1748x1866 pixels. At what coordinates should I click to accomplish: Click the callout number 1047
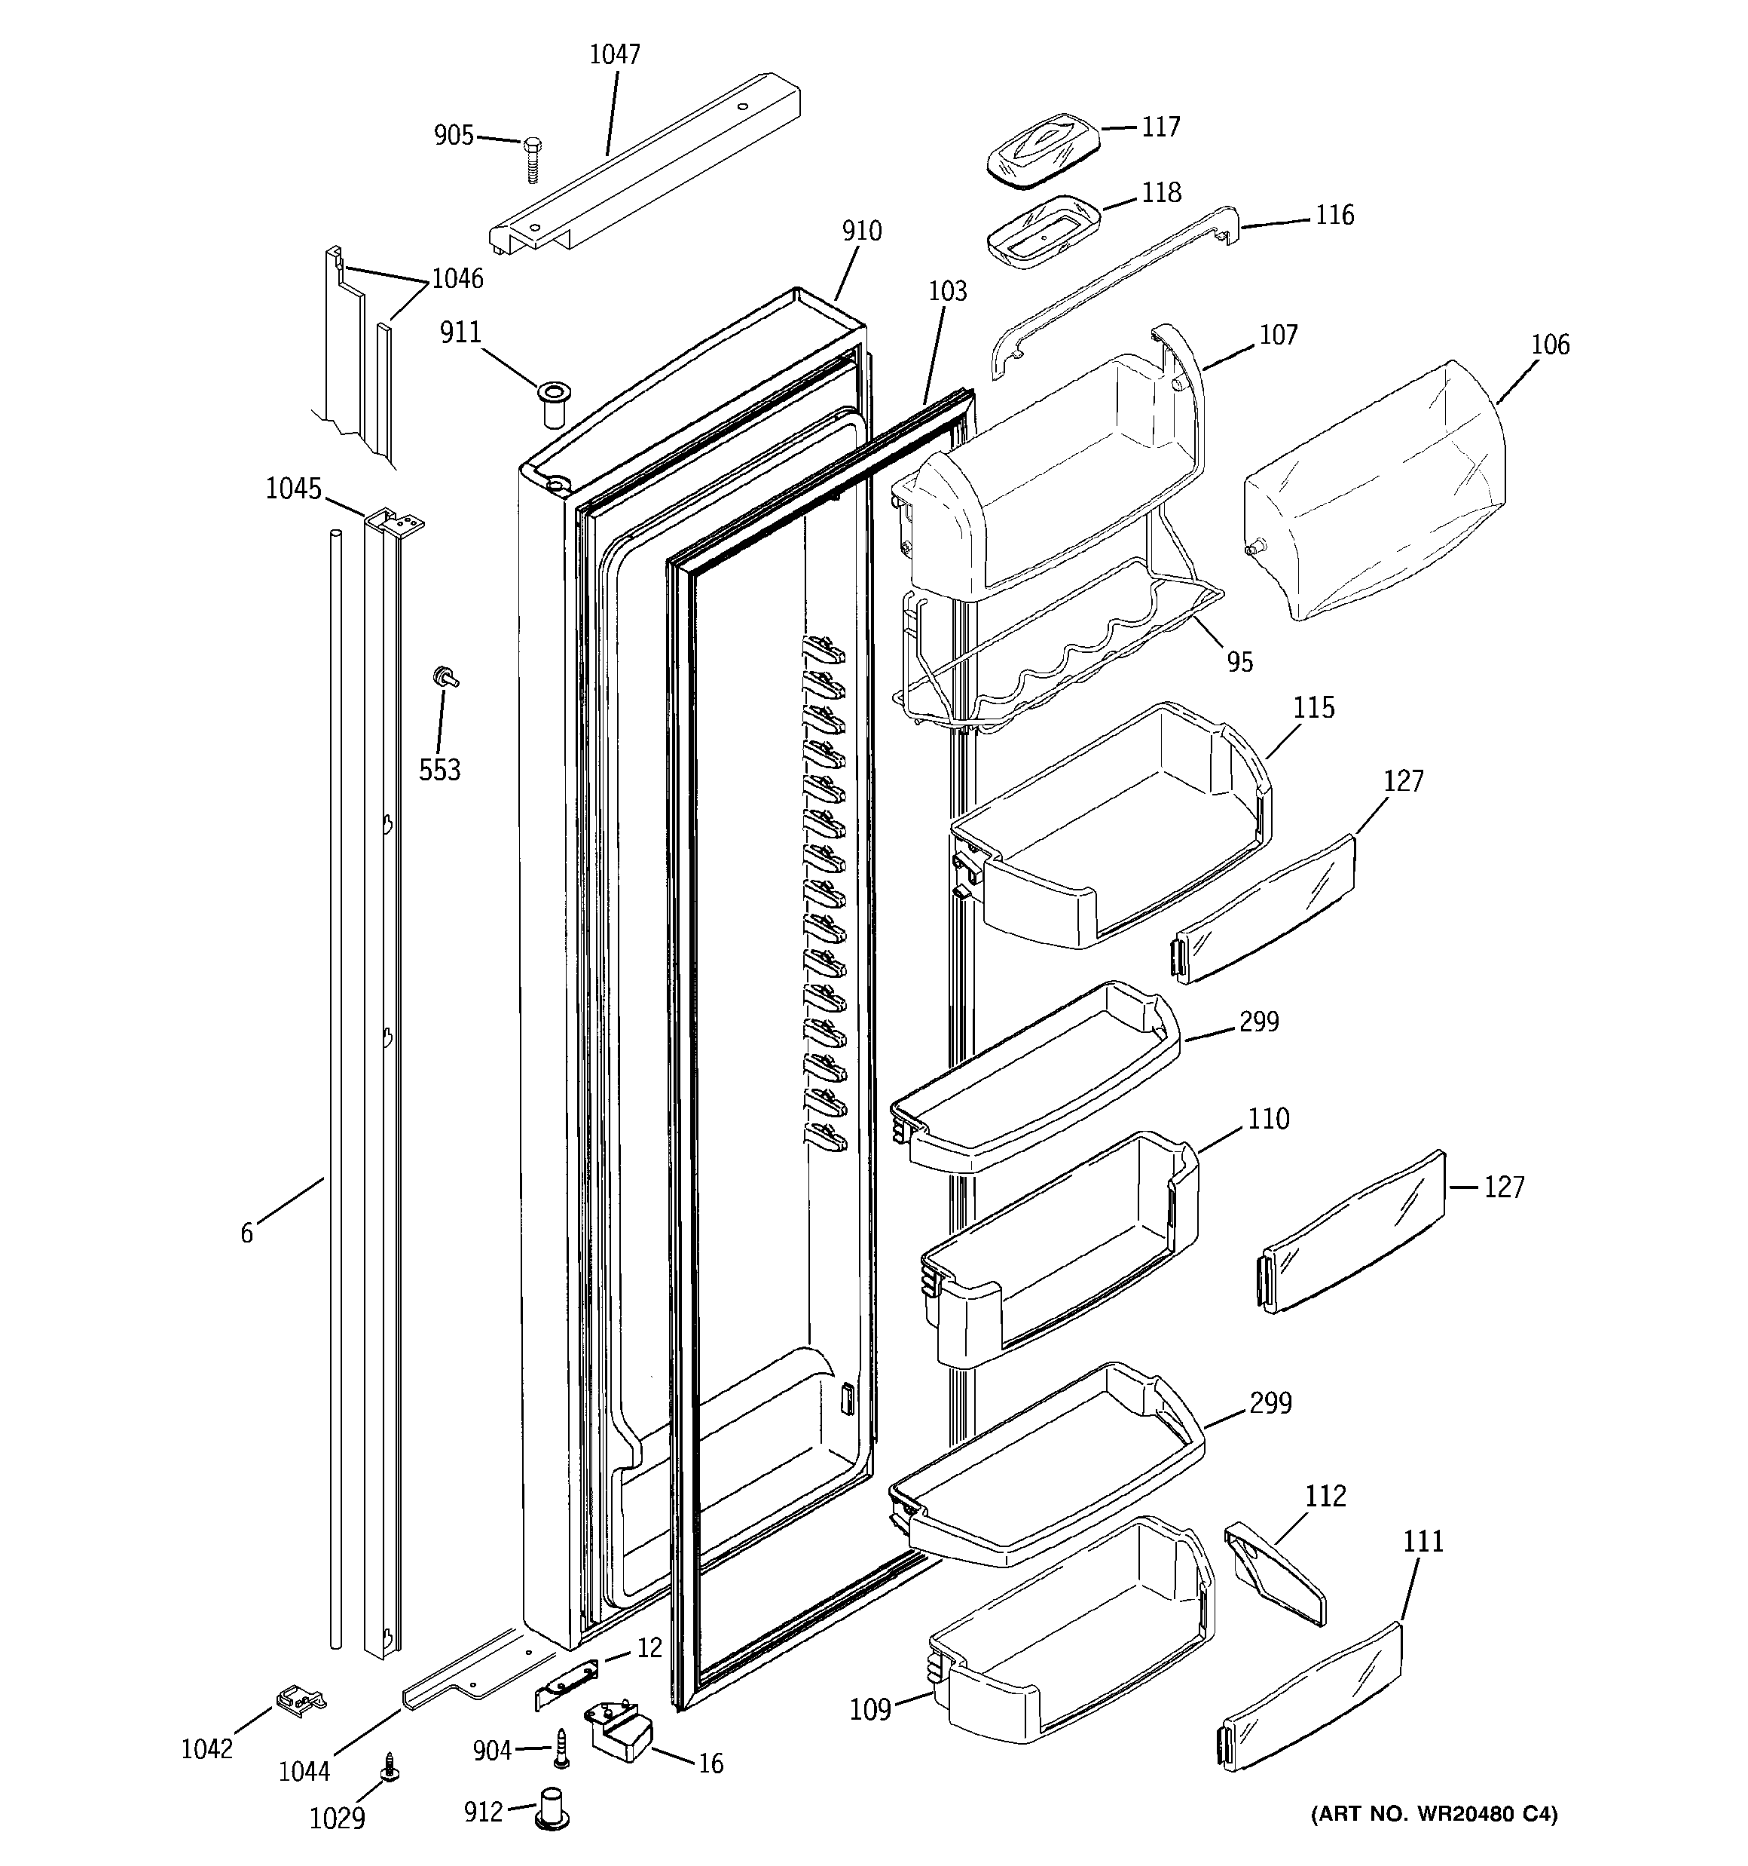(x=615, y=54)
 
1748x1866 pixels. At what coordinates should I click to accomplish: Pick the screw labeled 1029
(x=387, y=1766)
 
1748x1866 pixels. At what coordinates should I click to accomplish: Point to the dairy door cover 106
(x=1374, y=493)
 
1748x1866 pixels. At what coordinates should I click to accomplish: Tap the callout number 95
(x=1239, y=663)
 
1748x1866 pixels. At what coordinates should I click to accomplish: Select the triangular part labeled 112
(x=1275, y=1575)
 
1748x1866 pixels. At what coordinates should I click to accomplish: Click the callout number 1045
(x=293, y=489)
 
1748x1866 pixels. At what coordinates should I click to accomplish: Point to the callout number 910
(x=861, y=231)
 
